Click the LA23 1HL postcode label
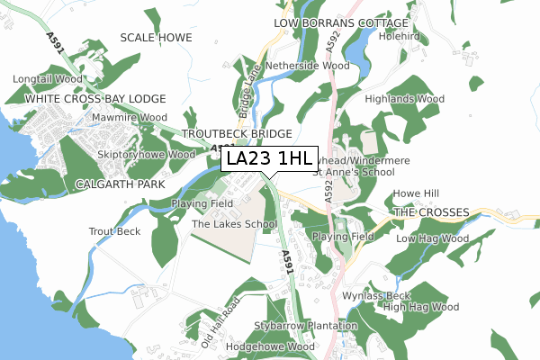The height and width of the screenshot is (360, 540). (x=270, y=159)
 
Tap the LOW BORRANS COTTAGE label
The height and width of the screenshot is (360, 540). (x=341, y=22)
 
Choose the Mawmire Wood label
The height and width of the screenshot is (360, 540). (x=131, y=118)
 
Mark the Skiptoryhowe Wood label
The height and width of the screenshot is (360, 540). (x=146, y=155)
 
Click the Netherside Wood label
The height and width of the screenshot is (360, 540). (x=312, y=66)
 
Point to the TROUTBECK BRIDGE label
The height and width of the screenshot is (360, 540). (x=237, y=133)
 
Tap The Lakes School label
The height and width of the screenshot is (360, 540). (x=234, y=224)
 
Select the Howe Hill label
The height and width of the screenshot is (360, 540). (x=416, y=193)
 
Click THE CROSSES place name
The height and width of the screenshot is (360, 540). (x=431, y=212)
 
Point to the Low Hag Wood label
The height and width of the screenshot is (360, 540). (x=432, y=239)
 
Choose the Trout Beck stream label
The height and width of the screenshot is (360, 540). (x=114, y=232)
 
